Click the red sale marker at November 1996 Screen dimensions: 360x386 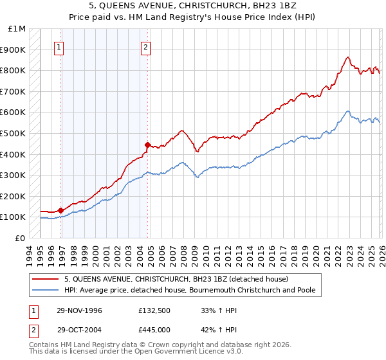pyautogui.click(x=61, y=210)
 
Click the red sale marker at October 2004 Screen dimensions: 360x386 pyautogui.click(x=147, y=145)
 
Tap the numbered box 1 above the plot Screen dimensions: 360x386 pyautogui.click(x=59, y=46)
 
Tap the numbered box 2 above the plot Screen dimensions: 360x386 pyautogui.click(x=146, y=46)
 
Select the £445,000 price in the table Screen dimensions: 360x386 pyautogui.click(x=154, y=331)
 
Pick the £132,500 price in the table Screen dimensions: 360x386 pyautogui.click(x=154, y=310)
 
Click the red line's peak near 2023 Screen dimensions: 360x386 pyautogui.click(x=347, y=57)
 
